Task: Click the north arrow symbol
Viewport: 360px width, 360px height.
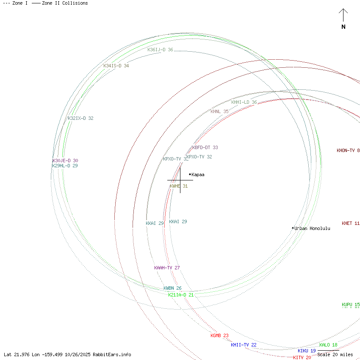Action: click(x=343, y=17)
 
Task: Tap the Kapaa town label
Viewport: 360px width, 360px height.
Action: click(x=198, y=174)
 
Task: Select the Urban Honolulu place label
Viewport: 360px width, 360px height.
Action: click(x=313, y=228)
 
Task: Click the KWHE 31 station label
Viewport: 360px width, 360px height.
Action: click(x=179, y=186)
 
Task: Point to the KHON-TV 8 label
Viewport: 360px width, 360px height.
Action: click(x=348, y=150)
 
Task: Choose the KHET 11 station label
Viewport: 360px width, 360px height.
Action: click(x=351, y=223)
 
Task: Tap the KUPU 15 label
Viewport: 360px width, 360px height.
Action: click(x=351, y=305)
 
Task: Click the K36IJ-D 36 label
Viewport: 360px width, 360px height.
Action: click(x=160, y=50)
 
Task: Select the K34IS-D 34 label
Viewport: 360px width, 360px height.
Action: click(x=116, y=66)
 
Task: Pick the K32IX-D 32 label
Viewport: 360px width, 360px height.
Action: click(x=80, y=118)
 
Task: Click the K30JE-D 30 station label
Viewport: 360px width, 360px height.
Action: click(x=65, y=161)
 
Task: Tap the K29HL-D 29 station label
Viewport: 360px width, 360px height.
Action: click(x=65, y=166)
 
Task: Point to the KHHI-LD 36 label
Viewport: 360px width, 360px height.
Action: click(x=244, y=102)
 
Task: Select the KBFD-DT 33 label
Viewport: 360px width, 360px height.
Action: click(x=205, y=147)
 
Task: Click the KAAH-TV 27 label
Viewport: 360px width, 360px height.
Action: click(x=167, y=268)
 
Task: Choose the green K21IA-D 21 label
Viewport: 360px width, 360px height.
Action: click(x=181, y=295)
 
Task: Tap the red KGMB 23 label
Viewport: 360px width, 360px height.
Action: click(x=219, y=335)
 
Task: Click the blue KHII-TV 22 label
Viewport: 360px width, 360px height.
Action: click(x=244, y=345)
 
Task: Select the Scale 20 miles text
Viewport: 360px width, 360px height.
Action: click(x=335, y=354)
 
